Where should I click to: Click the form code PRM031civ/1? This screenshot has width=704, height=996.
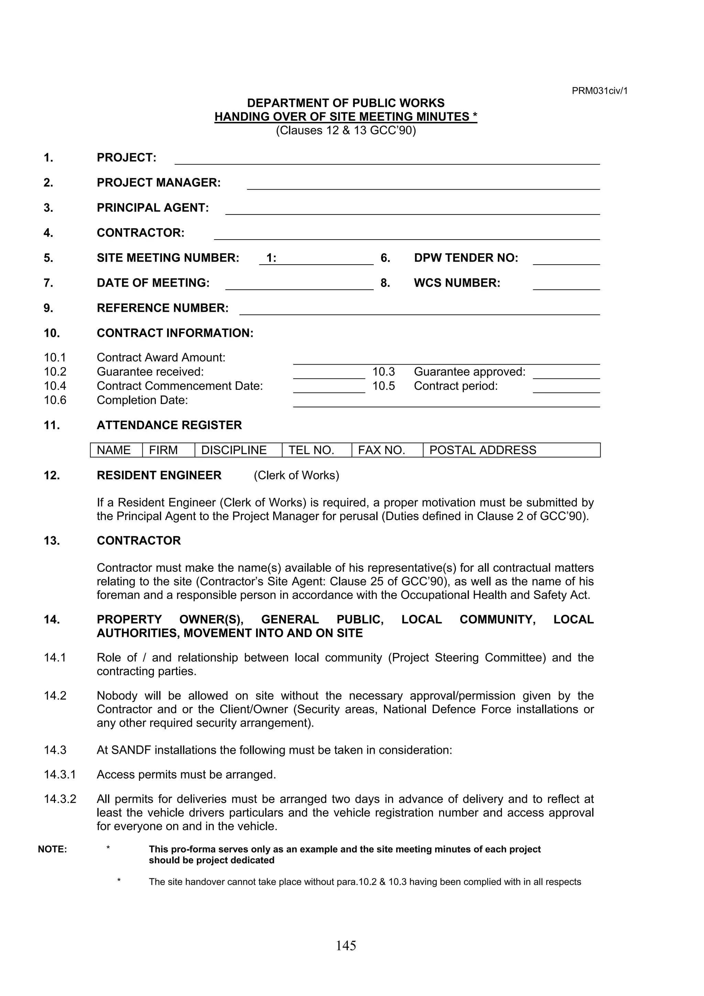point(599,91)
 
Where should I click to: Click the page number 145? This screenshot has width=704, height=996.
point(346,945)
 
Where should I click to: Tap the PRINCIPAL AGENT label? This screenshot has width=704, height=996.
point(153,208)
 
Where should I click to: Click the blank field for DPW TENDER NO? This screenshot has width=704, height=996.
point(566,260)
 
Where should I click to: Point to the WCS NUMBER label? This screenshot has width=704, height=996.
point(457,283)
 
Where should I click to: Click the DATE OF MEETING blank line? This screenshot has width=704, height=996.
point(299,285)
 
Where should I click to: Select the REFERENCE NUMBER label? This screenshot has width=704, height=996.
point(163,308)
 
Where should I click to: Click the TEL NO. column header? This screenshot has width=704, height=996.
point(311,450)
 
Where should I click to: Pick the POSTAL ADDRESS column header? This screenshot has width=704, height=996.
point(482,450)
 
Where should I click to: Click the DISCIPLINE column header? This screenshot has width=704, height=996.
point(234,450)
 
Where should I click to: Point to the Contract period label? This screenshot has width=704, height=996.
point(455,386)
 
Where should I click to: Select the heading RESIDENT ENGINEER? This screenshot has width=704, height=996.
point(159,475)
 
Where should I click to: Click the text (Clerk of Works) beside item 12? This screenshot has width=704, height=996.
point(296,475)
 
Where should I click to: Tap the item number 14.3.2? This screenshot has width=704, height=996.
point(60,799)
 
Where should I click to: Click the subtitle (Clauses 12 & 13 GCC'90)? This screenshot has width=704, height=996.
point(346,131)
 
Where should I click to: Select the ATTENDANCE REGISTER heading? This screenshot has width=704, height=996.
point(169,425)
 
